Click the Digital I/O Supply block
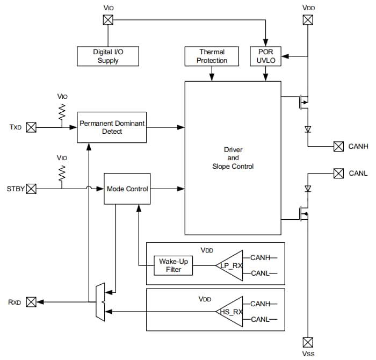point(108,56)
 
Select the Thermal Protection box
point(212,56)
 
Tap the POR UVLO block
point(265,56)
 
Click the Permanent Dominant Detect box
point(112,127)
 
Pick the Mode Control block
point(127,189)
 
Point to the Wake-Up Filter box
point(173,265)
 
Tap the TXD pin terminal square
point(31,127)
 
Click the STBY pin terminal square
point(31,189)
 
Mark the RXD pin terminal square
point(31,302)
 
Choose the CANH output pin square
point(338,146)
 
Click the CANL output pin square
point(338,173)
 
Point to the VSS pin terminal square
point(308,342)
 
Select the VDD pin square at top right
point(308,20)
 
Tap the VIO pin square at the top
point(108,20)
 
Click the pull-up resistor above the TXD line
point(62,112)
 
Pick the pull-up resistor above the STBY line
point(62,173)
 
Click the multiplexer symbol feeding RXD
point(100,302)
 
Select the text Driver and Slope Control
point(232,158)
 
